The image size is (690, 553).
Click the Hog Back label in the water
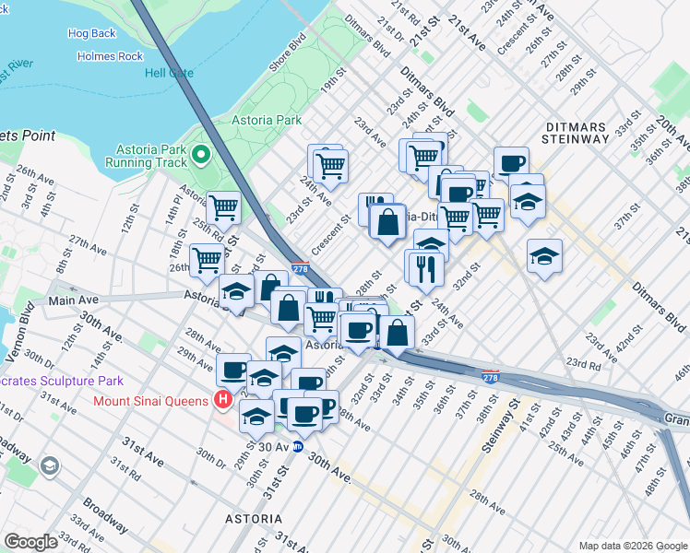click(92, 34)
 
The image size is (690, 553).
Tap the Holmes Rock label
click(110, 56)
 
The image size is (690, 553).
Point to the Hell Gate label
click(171, 73)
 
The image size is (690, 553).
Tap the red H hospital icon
click(221, 400)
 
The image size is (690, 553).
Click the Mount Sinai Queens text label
click(152, 401)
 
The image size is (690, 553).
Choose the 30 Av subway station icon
click(298, 447)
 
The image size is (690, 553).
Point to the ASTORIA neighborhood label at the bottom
click(254, 519)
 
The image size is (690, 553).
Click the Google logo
click(30, 541)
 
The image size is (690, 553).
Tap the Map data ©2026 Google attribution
click(631, 546)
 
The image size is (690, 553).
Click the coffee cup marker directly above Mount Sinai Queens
click(233, 370)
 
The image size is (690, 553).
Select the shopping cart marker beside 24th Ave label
click(329, 166)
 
